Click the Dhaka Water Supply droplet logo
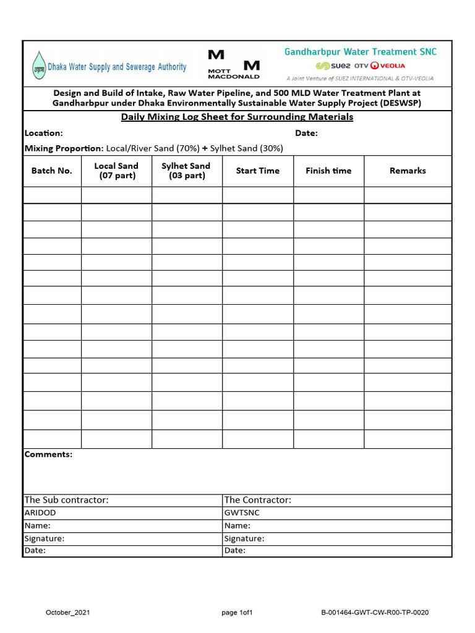click(x=39, y=66)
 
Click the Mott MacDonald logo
click(x=234, y=64)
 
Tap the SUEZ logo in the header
click(x=333, y=66)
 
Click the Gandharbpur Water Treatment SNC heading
click(x=360, y=52)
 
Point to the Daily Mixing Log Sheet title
click(x=237, y=117)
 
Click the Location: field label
click(x=43, y=133)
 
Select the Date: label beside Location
click(x=306, y=133)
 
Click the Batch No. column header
click(x=52, y=171)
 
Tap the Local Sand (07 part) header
click(x=116, y=171)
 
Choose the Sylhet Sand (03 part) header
click(x=186, y=171)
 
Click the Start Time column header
click(x=257, y=171)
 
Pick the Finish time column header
click(x=328, y=171)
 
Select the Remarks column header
click(x=408, y=171)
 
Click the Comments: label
click(x=48, y=454)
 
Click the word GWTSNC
click(x=242, y=512)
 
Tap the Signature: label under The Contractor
click(x=244, y=538)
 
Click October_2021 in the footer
click(x=68, y=613)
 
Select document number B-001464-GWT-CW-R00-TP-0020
click(x=375, y=613)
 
